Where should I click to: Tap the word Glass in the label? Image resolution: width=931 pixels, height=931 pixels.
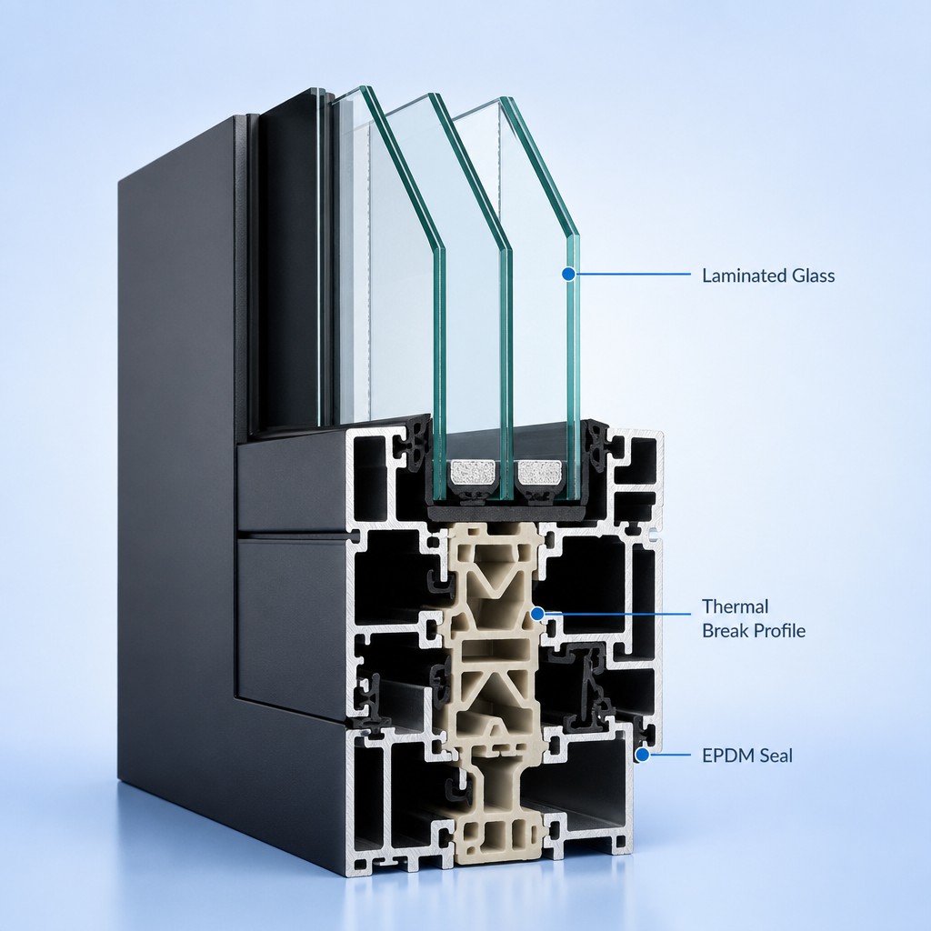point(814,275)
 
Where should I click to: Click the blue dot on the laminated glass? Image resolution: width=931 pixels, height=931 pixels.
point(569,274)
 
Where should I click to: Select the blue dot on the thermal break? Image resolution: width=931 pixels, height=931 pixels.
point(536,614)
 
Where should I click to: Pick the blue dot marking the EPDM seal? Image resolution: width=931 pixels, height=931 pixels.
point(642,756)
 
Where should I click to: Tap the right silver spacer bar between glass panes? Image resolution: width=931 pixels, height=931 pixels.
point(540,472)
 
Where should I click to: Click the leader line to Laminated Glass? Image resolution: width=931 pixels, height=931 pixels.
point(634,275)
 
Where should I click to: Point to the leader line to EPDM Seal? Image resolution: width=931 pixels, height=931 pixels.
point(670,756)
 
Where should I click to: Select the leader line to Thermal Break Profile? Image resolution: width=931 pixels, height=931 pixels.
point(617,614)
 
